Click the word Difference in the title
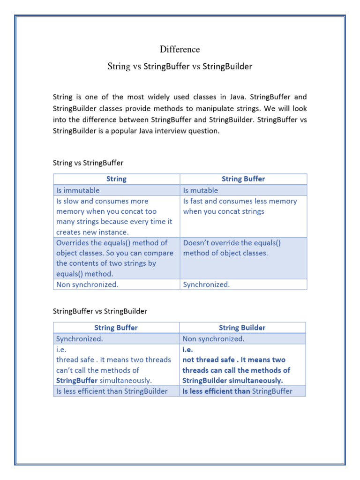[180, 49]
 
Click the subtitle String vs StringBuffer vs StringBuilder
[180, 66]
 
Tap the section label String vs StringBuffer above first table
[88, 163]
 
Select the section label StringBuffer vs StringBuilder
[100, 311]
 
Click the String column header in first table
[116, 179]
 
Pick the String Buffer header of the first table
[243, 179]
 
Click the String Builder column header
[242, 328]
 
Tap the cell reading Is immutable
[78, 190]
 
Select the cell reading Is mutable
[200, 190]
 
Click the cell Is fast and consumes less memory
[240, 206]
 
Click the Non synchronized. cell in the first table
[81, 285]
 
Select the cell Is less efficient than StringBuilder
[112, 391]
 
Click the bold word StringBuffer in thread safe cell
[77, 381]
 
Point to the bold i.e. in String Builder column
[187, 349]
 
